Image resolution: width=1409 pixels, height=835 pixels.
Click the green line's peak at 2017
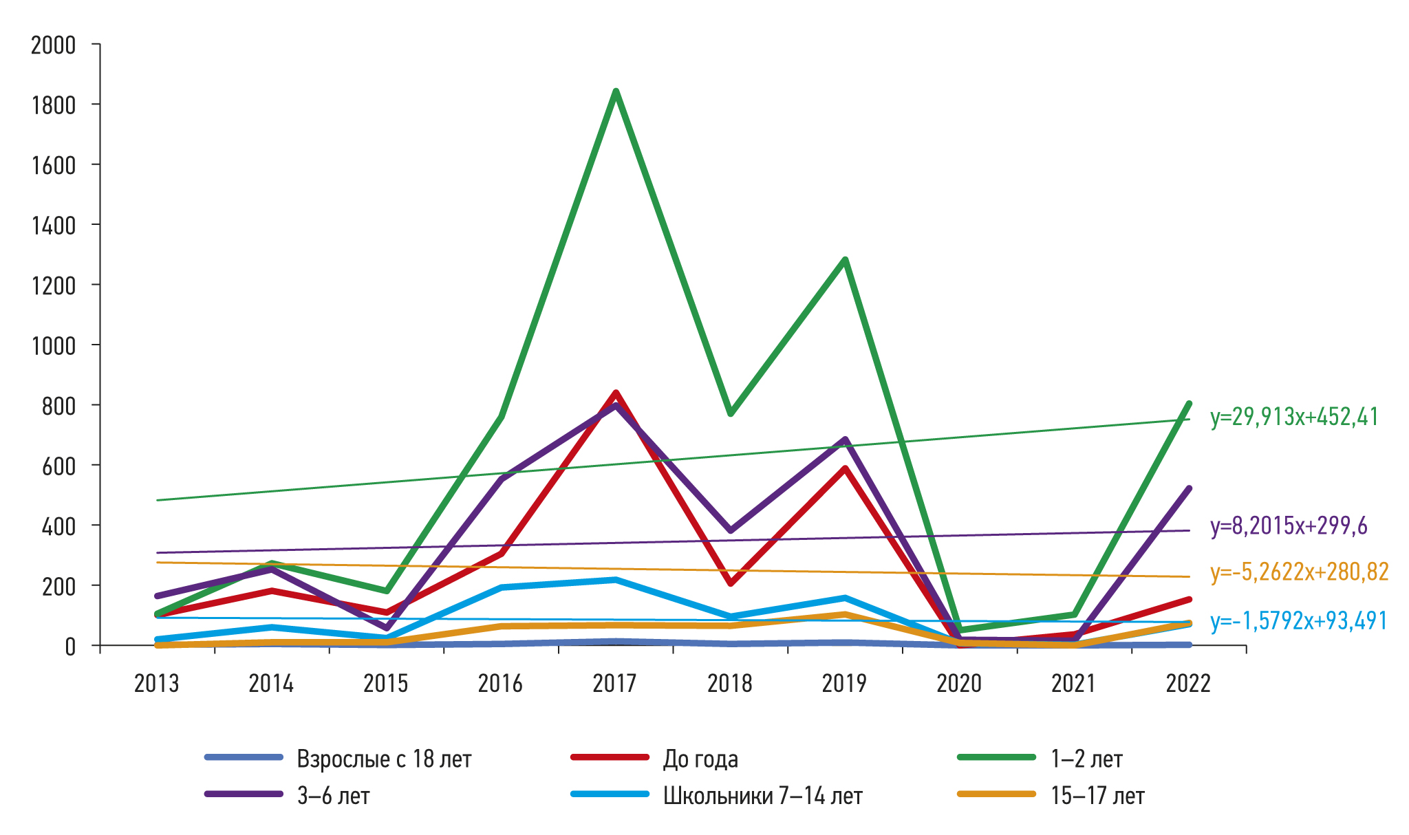pos(616,91)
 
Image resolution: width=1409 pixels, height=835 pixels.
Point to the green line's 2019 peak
pos(845,259)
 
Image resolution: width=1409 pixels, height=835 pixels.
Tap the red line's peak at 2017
pos(616,393)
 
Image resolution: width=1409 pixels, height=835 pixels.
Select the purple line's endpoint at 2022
pos(1189,488)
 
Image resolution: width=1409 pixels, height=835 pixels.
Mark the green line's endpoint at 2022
pos(1189,404)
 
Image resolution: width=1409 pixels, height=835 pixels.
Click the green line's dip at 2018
pos(730,413)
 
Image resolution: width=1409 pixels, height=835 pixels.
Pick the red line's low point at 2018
pos(730,584)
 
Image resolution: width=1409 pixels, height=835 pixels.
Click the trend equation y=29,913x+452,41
pos(1294,417)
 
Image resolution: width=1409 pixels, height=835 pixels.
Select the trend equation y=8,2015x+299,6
pos(1289,526)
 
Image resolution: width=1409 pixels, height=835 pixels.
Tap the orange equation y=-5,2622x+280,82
pos(1299,572)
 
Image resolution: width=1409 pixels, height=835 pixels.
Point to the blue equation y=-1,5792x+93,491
pos(1298,621)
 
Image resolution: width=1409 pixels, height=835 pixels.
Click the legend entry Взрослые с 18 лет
pos(384,759)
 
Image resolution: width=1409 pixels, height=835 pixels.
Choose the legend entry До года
pos(700,759)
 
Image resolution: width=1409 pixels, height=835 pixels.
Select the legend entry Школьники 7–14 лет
pos(762,796)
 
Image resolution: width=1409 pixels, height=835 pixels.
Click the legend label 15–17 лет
pos(1097,796)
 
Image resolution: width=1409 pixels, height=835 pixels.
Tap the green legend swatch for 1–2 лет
pos(996,757)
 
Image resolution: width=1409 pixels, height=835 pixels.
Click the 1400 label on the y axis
pos(53,226)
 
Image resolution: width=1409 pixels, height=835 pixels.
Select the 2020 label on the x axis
pos(959,684)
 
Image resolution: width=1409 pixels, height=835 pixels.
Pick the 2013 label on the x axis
pos(157,684)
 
